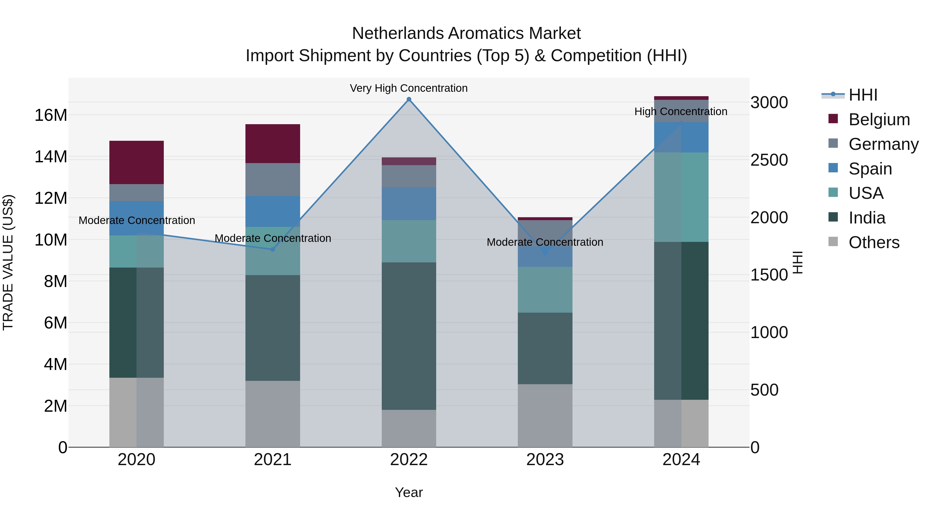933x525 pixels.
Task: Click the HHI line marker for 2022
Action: click(x=409, y=99)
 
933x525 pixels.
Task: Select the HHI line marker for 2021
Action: click(x=273, y=249)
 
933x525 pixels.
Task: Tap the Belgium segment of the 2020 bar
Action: click(x=137, y=162)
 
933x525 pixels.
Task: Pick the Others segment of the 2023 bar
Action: click(x=545, y=415)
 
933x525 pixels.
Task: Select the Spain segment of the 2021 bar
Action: click(x=273, y=211)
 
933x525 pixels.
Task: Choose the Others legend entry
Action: click(x=874, y=242)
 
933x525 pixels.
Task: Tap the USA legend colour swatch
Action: click(x=833, y=192)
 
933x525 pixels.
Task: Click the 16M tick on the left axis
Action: click(x=51, y=115)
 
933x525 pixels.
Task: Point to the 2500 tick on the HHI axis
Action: click(x=769, y=160)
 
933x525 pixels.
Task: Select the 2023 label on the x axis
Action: click(x=545, y=460)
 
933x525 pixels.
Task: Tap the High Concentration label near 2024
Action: click(x=681, y=111)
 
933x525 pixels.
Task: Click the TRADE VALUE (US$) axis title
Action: click(x=8, y=262)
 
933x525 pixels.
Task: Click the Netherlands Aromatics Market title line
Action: click(x=466, y=33)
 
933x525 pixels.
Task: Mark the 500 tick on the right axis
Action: click(x=764, y=390)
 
